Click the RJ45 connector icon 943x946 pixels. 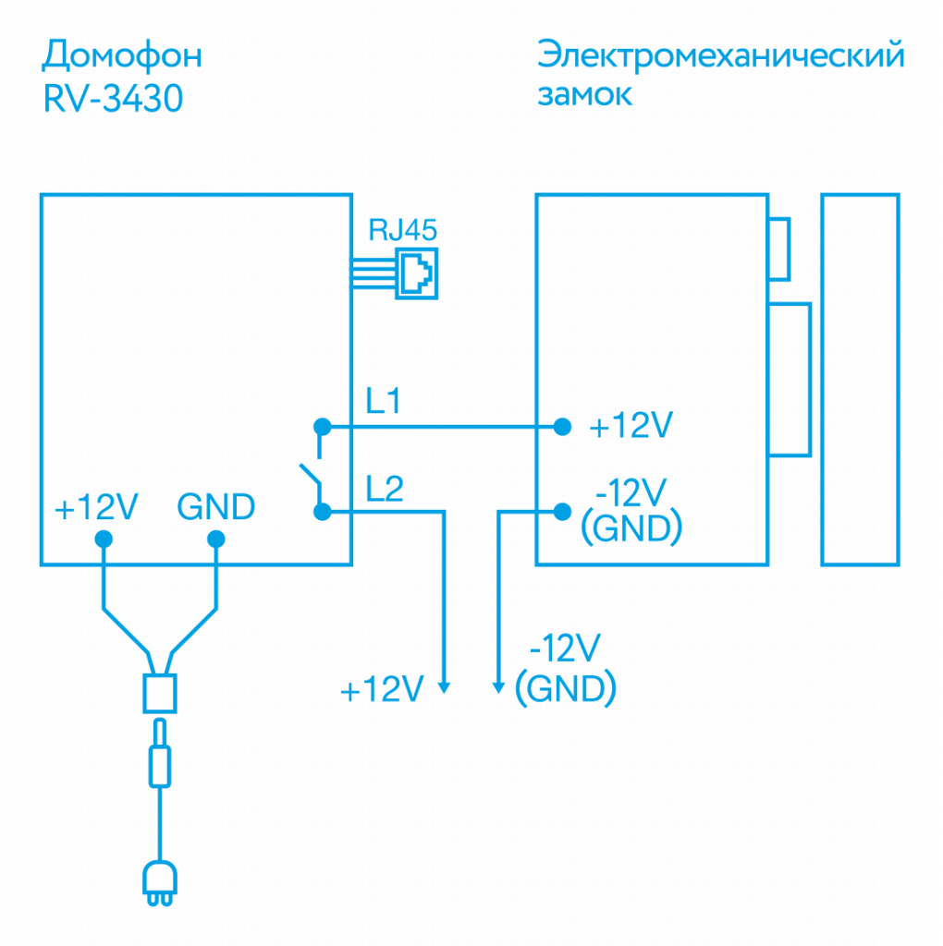point(416,273)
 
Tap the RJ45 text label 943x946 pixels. point(403,229)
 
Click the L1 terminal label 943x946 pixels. point(383,402)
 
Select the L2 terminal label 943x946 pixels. point(384,487)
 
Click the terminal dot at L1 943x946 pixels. point(322,426)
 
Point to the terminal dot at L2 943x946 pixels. point(322,511)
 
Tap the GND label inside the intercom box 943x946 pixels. point(215,507)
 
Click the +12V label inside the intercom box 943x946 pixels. point(96,508)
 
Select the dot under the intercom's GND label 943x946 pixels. point(215,538)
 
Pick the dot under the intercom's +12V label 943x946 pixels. point(104,538)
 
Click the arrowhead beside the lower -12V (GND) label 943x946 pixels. point(498,686)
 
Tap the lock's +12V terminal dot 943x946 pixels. point(562,426)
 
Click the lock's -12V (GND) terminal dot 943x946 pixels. point(562,511)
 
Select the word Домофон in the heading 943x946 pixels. point(121,57)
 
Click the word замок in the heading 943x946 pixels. point(585,95)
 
